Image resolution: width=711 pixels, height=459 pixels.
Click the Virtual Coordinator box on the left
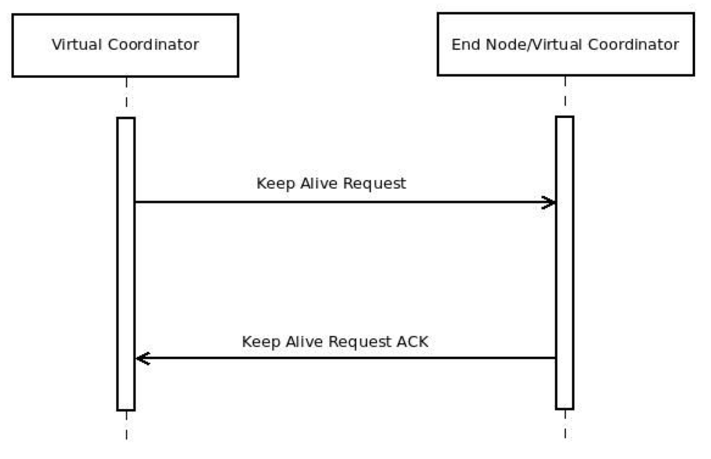pyautogui.click(x=126, y=45)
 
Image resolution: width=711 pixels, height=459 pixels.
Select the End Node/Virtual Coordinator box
pyautogui.click(x=564, y=45)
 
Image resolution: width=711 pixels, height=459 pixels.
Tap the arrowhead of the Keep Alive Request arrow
pyautogui.click(x=550, y=202)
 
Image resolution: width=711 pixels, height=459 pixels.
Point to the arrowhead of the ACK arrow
pyautogui.click(x=142, y=358)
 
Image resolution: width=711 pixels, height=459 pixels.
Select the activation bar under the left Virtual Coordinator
pyautogui.click(x=126, y=264)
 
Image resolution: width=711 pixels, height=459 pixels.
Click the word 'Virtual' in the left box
pyautogui.click(x=74, y=46)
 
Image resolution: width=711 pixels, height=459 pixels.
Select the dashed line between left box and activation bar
pyautogui.click(x=126, y=97)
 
